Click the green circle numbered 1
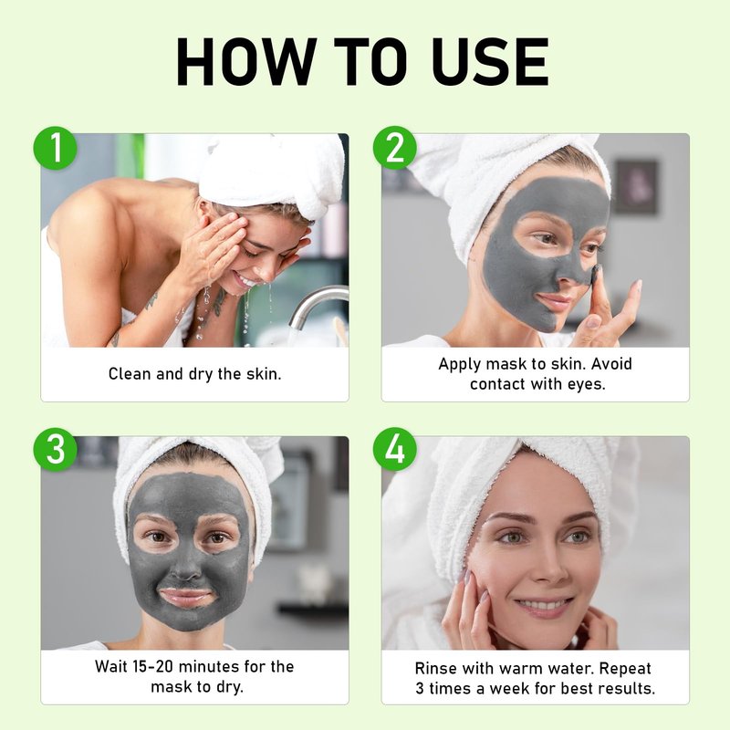pyautogui.click(x=55, y=148)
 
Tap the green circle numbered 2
pyautogui.click(x=395, y=148)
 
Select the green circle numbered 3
pyautogui.click(x=55, y=450)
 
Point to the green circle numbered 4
pyautogui.click(x=395, y=450)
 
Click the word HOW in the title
pyautogui.click(x=246, y=62)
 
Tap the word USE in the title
pyautogui.click(x=492, y=62)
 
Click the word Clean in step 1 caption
pyautogui.click(x=130, y=374)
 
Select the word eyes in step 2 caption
pyautogui.click(x=587, y=384)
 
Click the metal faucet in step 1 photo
pyautogui.click(x=317, y=305)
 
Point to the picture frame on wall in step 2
pyautogui.click(x=637, y=187)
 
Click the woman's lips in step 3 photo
pyautogui.click(x=187, y=597)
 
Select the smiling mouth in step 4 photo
pyautogui.click(x=543, y=606)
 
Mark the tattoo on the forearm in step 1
pyautogui.click(x=151, y=302)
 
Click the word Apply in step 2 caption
pyautogui.click(x=459, y=364)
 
